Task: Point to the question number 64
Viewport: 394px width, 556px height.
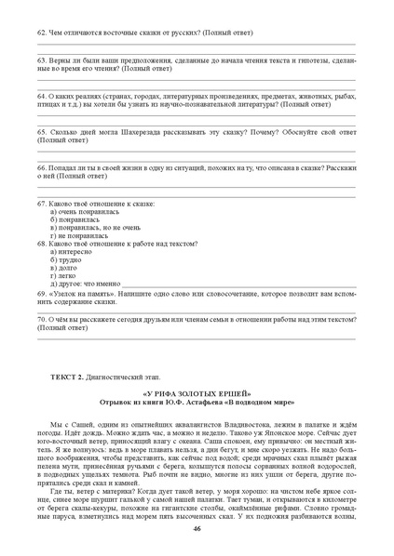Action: (x=41, y=95)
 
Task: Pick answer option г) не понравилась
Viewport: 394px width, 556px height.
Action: (x=80, y=235)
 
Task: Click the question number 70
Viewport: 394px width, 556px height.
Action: (x=41, y=319)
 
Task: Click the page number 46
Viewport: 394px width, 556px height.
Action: (x=197, y=527)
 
